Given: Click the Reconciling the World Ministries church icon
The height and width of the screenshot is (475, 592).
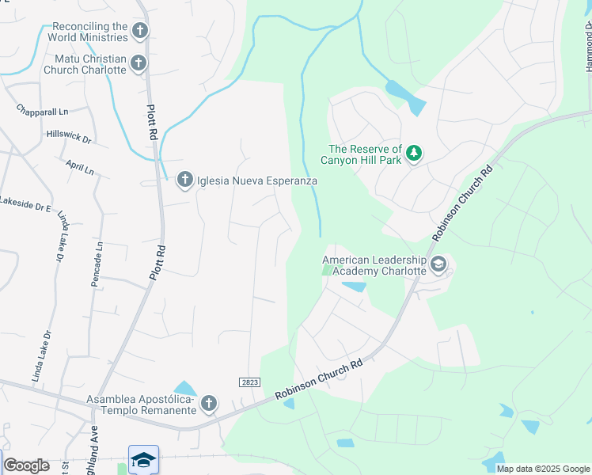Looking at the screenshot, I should pos(140,32).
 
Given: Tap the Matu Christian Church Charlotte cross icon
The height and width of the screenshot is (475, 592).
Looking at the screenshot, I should pos(139,63).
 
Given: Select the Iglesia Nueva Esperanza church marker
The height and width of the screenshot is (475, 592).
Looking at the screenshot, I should pos(184,180).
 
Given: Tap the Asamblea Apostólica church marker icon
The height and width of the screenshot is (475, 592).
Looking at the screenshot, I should pos(209,404).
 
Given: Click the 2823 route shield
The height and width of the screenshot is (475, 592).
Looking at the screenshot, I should pos(249,382).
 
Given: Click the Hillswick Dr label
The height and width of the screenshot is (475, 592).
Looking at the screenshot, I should pos(69,137).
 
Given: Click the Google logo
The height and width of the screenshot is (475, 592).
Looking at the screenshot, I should pos(26,465).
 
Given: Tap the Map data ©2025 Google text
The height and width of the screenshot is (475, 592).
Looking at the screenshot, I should pos(543,469).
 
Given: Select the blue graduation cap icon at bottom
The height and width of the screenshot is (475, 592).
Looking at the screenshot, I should pos(143,460).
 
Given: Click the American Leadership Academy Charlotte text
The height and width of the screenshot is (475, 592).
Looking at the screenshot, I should pos(374,265).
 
